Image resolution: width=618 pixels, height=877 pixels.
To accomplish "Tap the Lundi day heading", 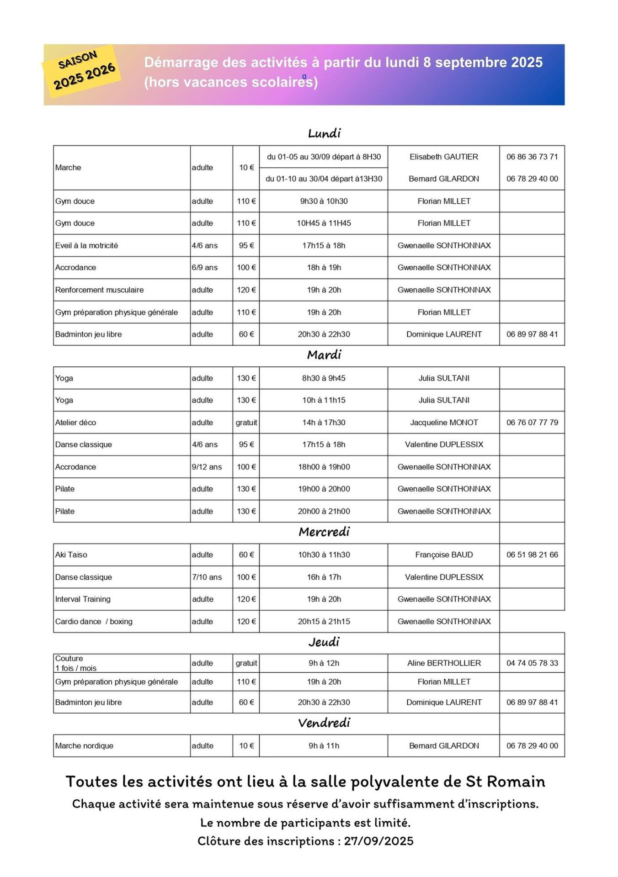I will pos(324,133).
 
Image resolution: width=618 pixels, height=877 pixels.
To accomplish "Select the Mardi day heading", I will pos(324,355).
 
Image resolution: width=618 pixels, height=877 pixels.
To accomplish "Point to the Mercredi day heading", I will pos(324,532).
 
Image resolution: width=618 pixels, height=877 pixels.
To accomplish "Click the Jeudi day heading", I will pos(324,642).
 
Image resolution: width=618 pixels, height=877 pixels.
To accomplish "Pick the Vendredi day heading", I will pos(324,723).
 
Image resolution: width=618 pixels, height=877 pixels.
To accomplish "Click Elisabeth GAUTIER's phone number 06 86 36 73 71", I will pos(532,157).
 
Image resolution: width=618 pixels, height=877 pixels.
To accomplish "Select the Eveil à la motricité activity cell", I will pos(86,245).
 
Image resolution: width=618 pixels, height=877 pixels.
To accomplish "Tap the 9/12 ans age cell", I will pos(207,467).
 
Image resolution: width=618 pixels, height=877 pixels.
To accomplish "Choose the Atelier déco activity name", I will pos(75,423).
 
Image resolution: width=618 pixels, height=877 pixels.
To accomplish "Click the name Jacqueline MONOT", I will pos(444,423).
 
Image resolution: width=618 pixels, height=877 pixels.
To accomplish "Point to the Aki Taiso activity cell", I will pos(71,555).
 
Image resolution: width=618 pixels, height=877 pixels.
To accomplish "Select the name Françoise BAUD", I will pos(444,555).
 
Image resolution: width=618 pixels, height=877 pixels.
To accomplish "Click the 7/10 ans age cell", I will pos(207,577).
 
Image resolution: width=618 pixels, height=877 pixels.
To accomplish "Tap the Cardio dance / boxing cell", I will pos(94,621).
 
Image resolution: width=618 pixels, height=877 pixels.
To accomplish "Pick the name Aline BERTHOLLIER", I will pos(444,663).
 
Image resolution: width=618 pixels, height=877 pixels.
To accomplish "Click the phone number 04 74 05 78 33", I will pos(532,663).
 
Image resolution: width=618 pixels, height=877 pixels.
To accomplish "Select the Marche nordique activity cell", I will pos(84,745).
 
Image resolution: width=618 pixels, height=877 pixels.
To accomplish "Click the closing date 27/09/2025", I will pos(378,841).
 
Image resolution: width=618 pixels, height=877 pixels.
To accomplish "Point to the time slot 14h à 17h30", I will pos(324,423).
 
